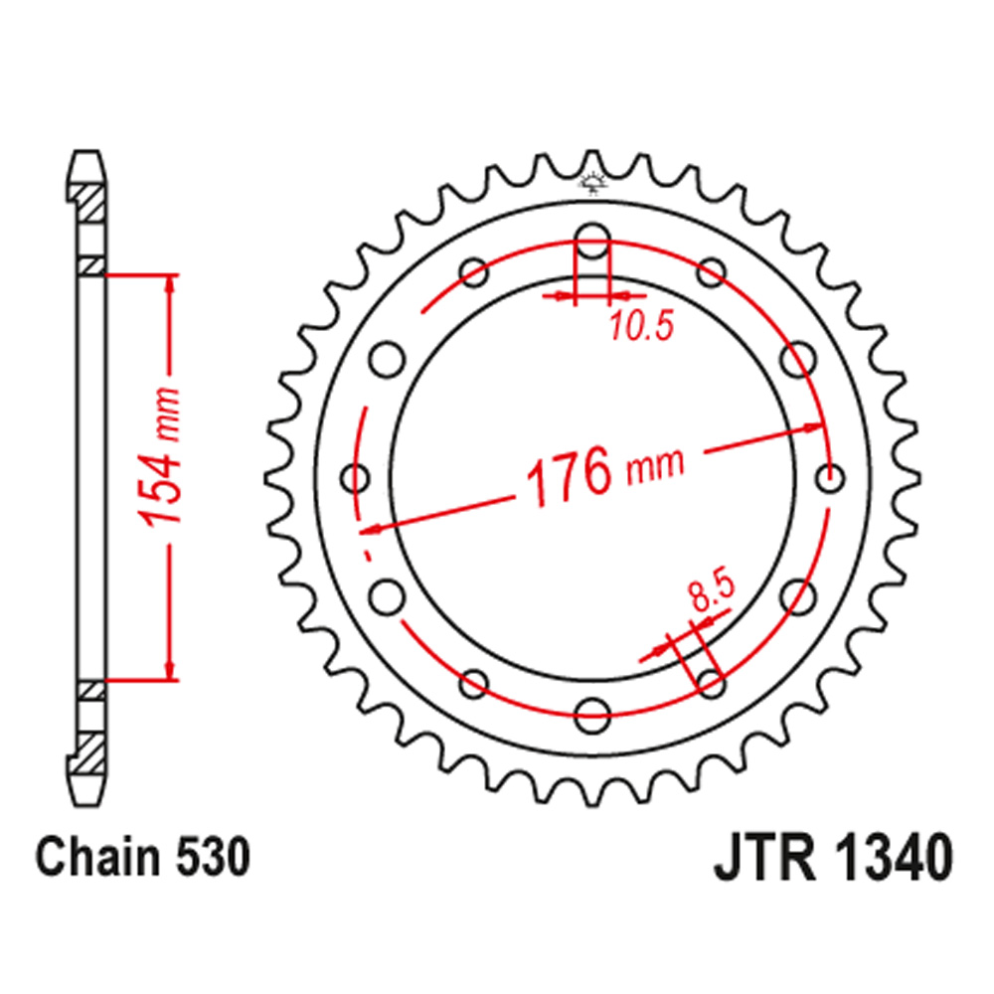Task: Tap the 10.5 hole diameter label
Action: point(642,325)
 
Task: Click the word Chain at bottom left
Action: point(89,859)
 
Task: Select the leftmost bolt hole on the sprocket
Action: point(355,478)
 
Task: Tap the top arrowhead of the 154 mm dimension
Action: point(172,282)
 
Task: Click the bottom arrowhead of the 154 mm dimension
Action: point(172,672)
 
